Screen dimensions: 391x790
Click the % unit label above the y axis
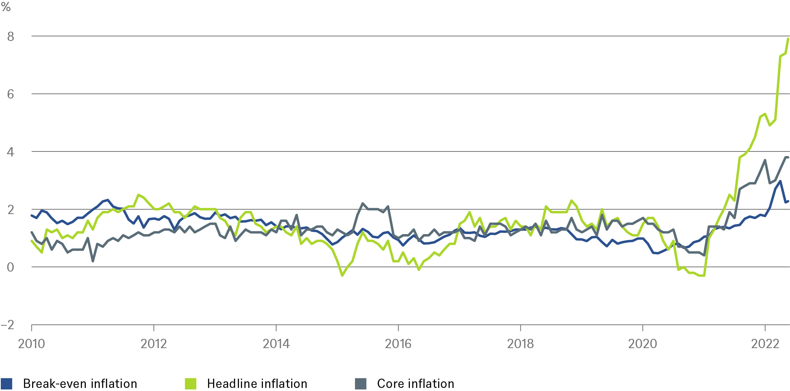(x=6, y=7)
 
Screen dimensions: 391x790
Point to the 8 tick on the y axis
(x=10, y=36)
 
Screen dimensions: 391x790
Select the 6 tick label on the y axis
(x=10, y=94)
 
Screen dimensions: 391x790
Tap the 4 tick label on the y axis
(x=10, y=152)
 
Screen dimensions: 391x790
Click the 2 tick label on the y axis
(x=10, y=209)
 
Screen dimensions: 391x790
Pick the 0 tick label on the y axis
(x=10, y=267)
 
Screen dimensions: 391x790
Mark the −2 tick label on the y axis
(x=8, y=325)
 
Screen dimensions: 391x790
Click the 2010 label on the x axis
(x=31, y=343)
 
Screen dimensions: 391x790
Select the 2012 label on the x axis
(x=154, y=343)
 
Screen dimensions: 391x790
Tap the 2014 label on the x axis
(x=276, y=343)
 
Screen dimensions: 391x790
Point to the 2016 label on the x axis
(x=398, y=343)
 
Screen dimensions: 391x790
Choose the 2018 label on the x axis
(x=520, y=343)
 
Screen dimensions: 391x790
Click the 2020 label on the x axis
(x=642, y=343)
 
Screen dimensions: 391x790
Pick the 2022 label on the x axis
(x=764, y=343)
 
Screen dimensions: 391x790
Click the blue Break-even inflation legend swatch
(x=7, y=384)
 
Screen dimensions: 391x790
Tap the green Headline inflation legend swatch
(x=191, y=384)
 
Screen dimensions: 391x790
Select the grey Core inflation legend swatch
(x=360, y=384)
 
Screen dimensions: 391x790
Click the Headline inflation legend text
(x=257, y=384)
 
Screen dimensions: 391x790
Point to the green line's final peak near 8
(x=788, y=39)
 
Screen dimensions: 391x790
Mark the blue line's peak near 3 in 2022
(x=780, y=181)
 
